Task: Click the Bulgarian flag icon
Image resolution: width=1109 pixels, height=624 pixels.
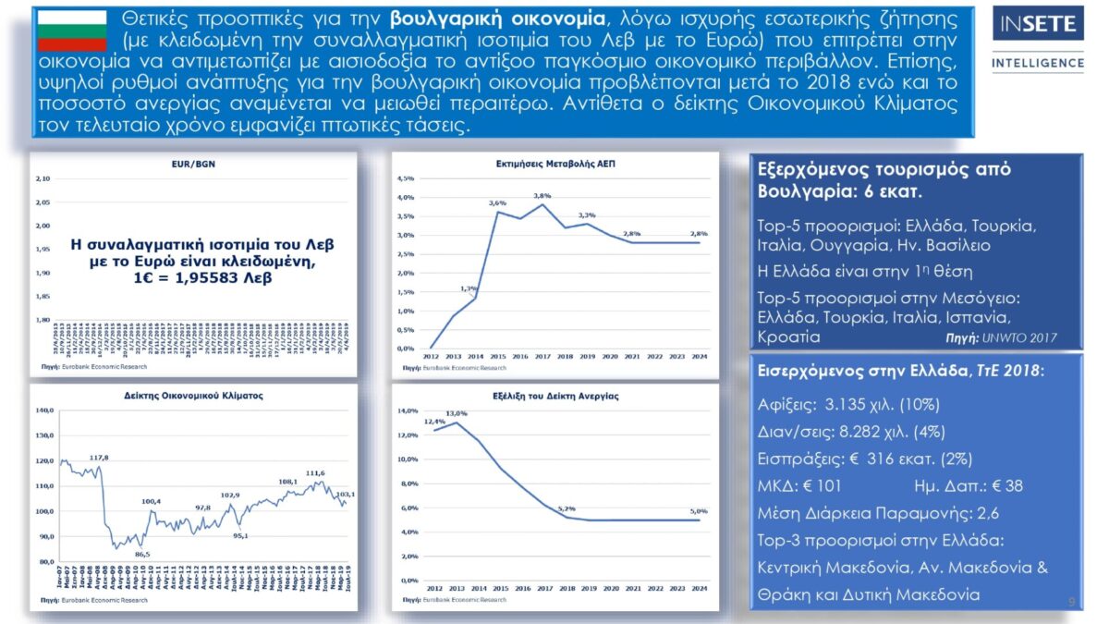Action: [72, 31]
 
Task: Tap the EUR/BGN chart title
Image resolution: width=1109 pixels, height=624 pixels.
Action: [193, 164]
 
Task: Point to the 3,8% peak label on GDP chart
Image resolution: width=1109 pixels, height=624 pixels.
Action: [542, 196]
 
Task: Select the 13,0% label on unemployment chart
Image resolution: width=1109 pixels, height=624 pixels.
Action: [456, 413]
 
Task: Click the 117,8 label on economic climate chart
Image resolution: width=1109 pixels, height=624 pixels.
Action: [99, 458]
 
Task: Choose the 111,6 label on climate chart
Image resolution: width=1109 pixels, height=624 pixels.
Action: [314, 472]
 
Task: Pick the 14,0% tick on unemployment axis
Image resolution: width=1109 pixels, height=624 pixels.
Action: [408, 410]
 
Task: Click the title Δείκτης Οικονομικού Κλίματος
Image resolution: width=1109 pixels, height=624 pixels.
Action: [193, 395]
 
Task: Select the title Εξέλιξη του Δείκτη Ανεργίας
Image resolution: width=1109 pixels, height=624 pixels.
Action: [554, 395]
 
